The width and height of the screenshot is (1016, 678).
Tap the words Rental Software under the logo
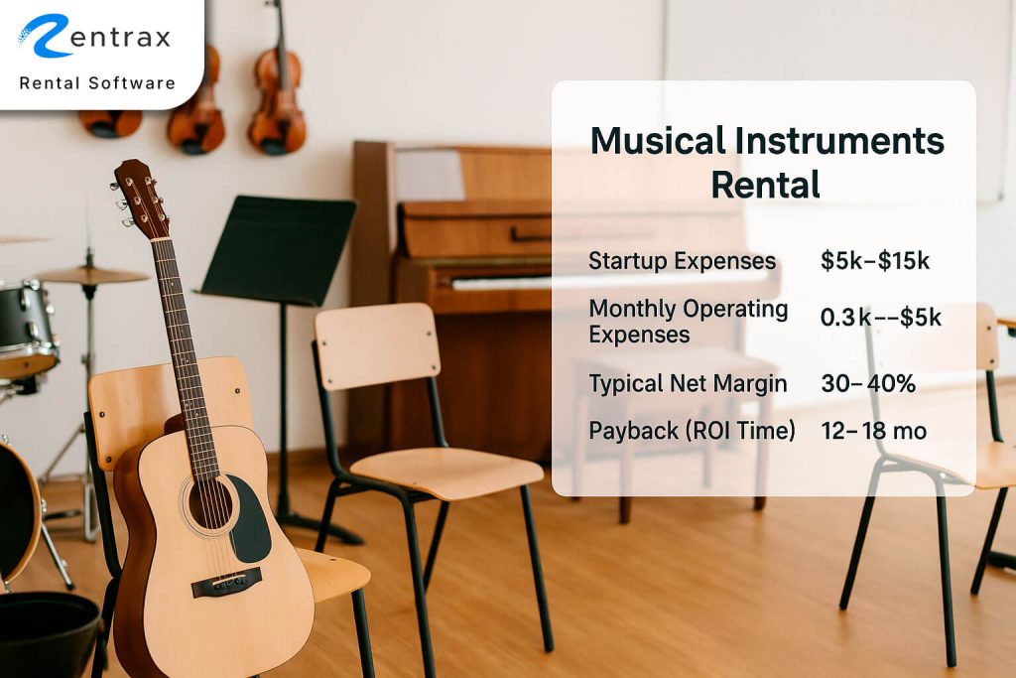point(97,83)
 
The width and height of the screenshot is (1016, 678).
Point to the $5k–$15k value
point(874,261)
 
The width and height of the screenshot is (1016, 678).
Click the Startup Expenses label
point(683,261)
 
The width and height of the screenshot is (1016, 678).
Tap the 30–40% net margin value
point(868,384)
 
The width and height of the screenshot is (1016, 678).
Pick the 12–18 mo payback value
point(874,431)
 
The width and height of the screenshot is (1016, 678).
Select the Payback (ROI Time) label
point(692,431)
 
